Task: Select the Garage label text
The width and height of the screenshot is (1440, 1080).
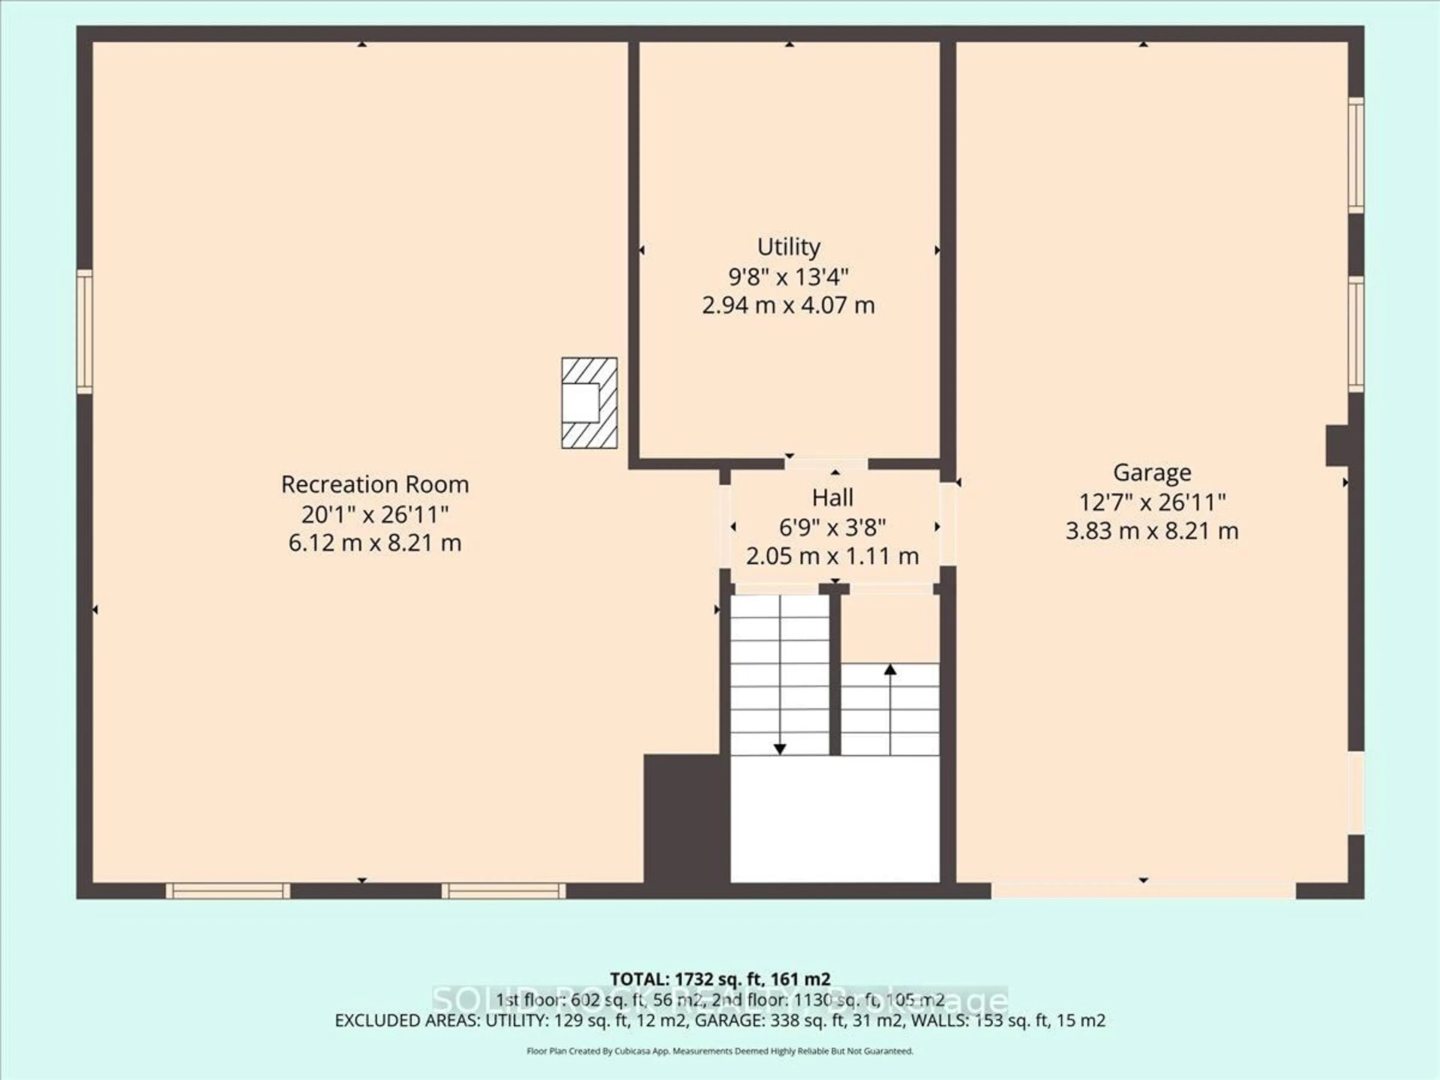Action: click(1152, 472)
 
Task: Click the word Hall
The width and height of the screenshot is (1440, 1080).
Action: click(832, 498)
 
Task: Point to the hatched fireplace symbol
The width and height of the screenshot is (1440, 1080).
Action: click(589, 403)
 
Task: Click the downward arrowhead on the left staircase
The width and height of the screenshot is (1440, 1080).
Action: click(779, 749)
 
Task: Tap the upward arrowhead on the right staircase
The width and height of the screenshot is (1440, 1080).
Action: click(890, 669)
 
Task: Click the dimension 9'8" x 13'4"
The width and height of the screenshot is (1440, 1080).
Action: click(788, 277)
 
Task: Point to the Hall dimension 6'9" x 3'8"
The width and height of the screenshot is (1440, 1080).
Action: click(832, 527)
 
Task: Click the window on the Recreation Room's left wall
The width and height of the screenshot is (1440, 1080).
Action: click(85, 331)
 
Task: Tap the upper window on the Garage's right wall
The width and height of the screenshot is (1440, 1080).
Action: click(1355, 155)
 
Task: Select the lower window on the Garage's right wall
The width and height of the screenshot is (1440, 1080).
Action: click(1355, 334)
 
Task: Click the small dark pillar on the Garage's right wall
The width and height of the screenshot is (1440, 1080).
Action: click(1336, 446)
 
